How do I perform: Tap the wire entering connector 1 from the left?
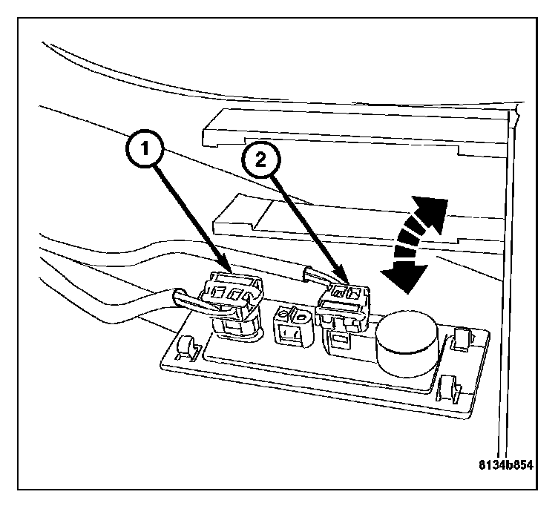point(189,300)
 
